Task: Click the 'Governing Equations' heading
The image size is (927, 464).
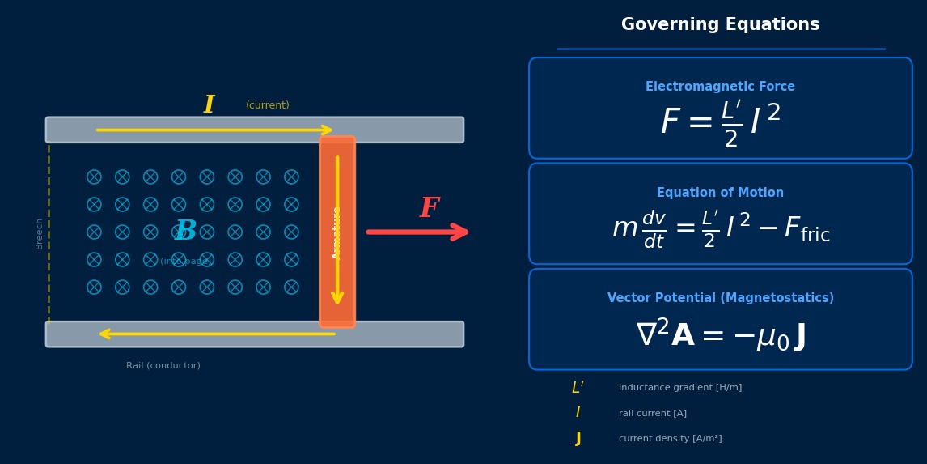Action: [x=720, y=25]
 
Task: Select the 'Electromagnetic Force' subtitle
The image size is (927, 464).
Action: [x=720, y=87]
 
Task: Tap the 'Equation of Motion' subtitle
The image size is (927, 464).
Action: [x=720, y=193]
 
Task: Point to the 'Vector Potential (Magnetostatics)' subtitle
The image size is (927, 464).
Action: [x=720, y=298]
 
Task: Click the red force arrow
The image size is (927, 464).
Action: [x=417, y=232]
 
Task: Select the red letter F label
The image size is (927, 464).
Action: [x=429, y=209]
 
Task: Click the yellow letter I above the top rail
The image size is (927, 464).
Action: [x=209, y=105]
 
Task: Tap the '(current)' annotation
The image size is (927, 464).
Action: [x=268, y=105]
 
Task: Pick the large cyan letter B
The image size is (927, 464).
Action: [x=185, y=231]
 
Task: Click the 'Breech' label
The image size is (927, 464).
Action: [x=39, y=233]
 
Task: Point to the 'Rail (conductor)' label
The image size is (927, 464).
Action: [x=163, y=366]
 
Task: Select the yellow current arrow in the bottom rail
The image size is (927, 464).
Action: [x=217, y=334]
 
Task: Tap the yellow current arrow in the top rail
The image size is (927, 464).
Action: [x=214, y=130]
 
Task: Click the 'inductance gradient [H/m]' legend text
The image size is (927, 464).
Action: [x=680, y=388]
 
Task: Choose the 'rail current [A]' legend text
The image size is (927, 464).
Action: [x=653, y=414]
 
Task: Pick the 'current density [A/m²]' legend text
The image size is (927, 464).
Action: [x=671, y=439]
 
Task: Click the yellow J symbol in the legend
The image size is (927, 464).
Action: [x=578, y=439]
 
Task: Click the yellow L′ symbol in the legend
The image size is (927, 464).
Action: [x=578, y=388]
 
